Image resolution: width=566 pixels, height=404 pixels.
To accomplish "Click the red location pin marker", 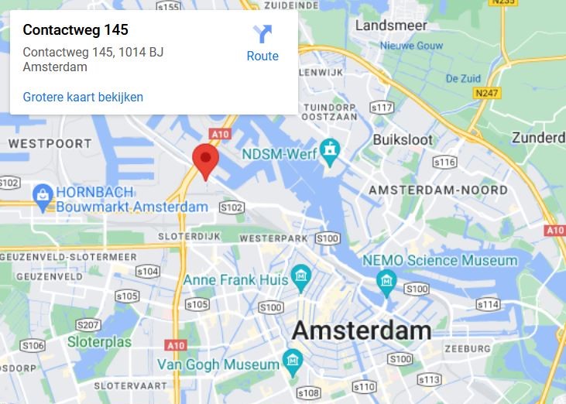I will coord(205,159).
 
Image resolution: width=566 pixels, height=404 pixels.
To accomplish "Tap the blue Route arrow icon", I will coord(262,34).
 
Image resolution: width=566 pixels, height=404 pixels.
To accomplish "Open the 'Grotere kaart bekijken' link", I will coord(83,97).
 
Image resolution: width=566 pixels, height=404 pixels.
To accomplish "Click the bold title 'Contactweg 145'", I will coord(75,30).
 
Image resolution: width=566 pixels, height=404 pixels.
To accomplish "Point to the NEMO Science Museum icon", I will coord(386,279).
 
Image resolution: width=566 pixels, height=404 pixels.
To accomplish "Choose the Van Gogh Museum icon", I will coord(292,359).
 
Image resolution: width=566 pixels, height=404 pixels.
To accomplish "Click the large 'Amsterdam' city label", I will coord(361,330).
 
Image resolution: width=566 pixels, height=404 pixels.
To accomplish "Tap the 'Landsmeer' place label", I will coord(391,26).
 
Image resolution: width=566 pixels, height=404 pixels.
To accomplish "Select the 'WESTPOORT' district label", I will coord(50,143).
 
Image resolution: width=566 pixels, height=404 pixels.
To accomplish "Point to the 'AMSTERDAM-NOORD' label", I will coord(438,190).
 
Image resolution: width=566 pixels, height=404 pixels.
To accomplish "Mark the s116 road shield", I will coord(444,163).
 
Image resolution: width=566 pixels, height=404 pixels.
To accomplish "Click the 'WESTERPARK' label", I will coord(273,238).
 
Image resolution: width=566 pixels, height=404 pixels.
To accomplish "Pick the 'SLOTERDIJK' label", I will coord(184,235).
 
